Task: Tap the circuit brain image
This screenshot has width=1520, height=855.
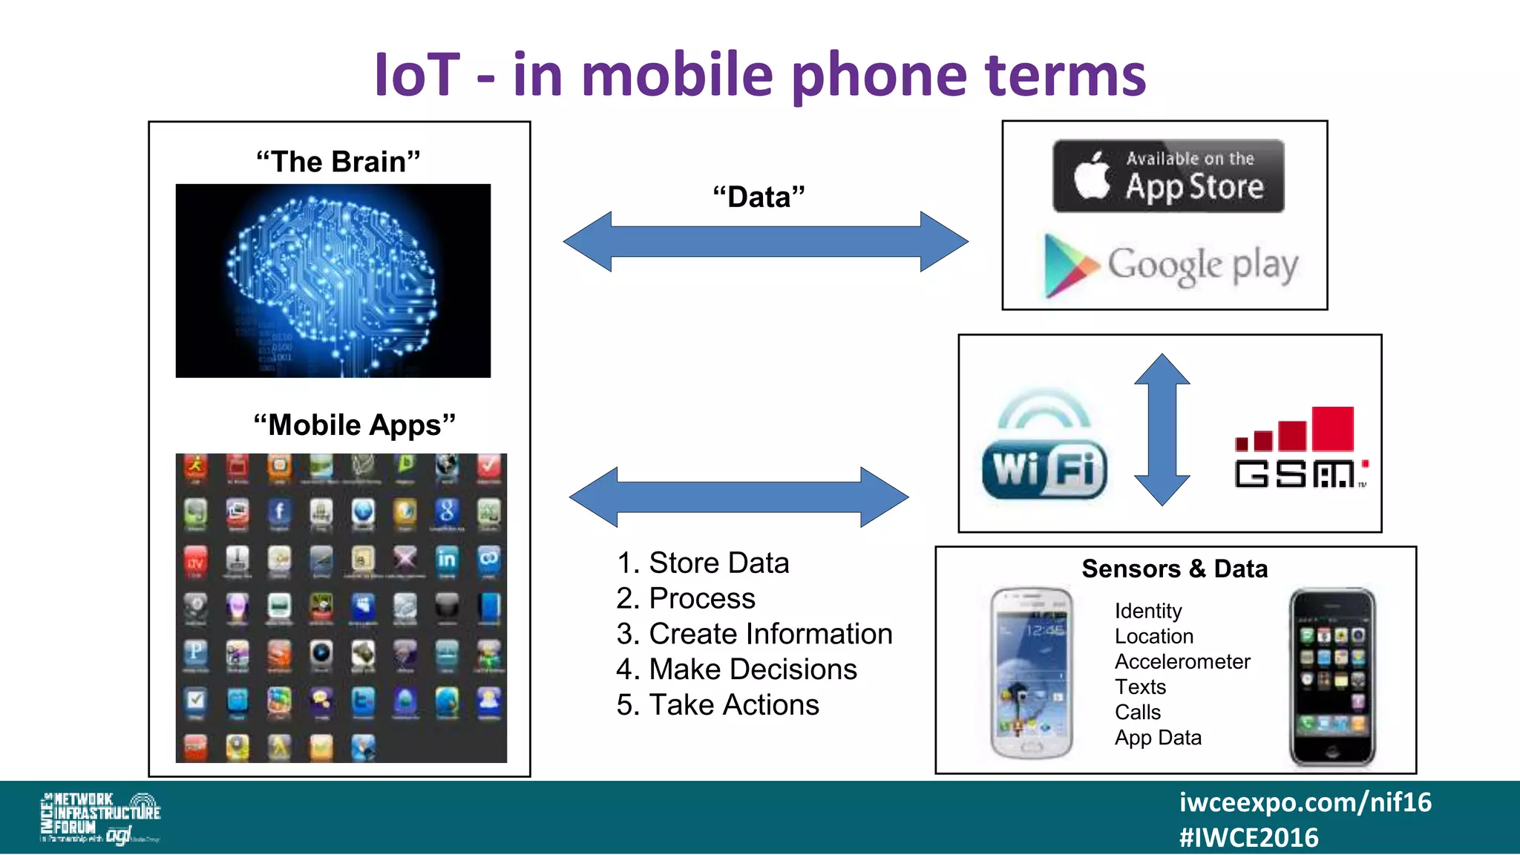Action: click(333, 281)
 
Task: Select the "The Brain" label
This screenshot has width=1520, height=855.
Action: click(338, 162)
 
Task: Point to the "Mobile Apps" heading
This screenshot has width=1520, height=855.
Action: click(354, 425)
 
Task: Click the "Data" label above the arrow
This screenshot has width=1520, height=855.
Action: click(759, 197)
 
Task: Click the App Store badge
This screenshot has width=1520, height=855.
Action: click(1168, 177)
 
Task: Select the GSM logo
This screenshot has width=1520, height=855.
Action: click(1300, 448)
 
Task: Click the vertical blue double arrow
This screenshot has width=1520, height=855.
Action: click(1162, 430)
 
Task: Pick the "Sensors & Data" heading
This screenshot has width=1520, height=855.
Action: click(1175, 569)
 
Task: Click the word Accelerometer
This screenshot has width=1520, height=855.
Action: click(1182, 661)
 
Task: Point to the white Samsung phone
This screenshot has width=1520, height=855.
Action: click(1032, 673)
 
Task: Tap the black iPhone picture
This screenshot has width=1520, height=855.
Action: click(1332, 676)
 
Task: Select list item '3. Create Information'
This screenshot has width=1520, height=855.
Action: click(754, 634)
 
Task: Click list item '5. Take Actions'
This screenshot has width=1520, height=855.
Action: click(718, 705)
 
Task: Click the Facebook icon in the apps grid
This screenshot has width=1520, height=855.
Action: click(279, 512)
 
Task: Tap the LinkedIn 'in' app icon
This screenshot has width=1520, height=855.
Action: click(447, 559)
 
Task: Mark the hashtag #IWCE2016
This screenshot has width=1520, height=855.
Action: click(1248, 838)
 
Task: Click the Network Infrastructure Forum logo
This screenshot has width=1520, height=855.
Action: click(100, 818)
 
